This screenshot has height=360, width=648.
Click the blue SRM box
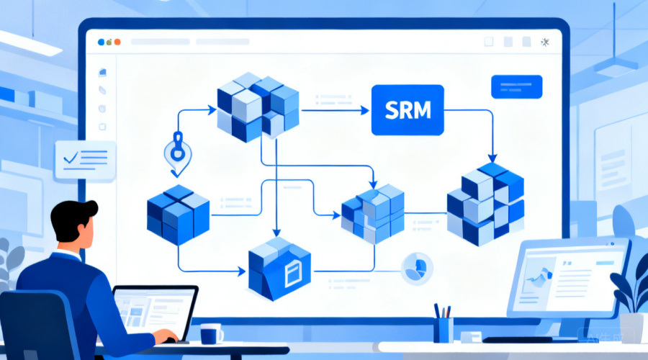tap(408, 110)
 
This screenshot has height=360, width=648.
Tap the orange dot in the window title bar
tap(117, 42)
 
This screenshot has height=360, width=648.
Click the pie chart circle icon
tap(417, 269)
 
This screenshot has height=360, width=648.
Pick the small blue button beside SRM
tap(516, 87)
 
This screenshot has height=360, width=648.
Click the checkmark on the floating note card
tap(71, 158)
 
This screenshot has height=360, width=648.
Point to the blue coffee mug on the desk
tap(211, 333)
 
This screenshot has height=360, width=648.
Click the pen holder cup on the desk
tap(444, 330)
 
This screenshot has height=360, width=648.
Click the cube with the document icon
tap(279, 269)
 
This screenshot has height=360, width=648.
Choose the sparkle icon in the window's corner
tap(545, 42)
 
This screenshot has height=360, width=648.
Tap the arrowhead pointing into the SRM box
tap(364, 110)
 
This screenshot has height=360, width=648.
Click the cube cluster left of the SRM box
tap(258, 107)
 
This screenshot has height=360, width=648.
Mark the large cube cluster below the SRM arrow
tap(485, 204)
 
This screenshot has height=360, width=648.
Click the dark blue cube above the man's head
tap(178, 215)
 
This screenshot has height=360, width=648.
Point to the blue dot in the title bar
tap(101, 42)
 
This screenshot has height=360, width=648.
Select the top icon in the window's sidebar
tap(102, 73)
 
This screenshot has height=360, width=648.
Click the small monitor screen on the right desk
tap(568, 278)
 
